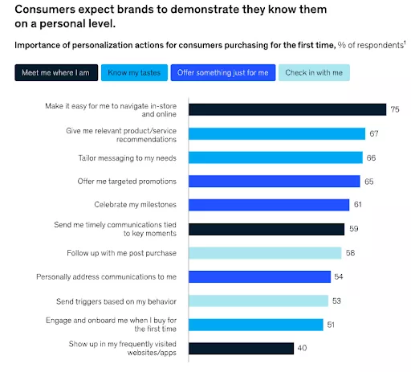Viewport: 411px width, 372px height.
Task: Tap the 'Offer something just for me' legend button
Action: coord(222,73)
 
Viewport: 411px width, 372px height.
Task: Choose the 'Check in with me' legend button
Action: coord(314,73)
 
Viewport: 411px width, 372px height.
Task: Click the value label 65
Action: coord(369,182)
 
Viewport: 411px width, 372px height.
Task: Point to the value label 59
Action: coord(354,229)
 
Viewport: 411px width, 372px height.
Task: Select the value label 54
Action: coord(340,276)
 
